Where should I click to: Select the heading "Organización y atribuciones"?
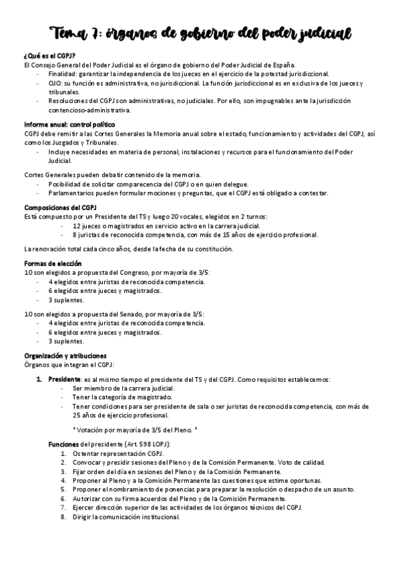65,356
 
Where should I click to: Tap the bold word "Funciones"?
63,444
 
